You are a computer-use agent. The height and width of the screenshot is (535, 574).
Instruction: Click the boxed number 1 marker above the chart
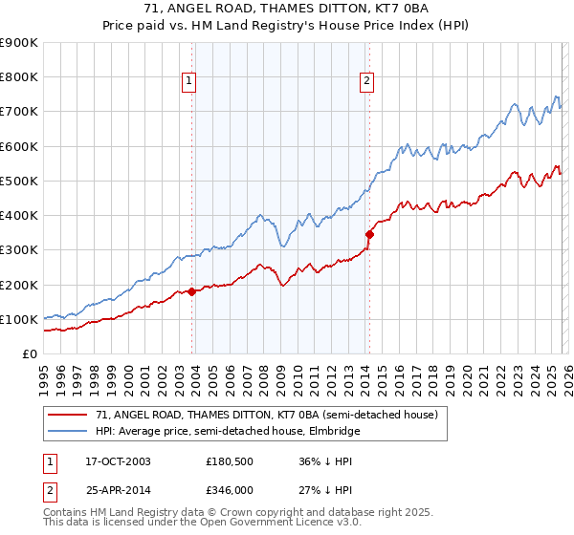[x=190, y=81]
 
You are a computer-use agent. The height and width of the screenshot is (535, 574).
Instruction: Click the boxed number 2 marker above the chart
[x=367, y=81]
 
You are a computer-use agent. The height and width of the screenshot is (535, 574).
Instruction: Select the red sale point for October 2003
[x=192, y=291]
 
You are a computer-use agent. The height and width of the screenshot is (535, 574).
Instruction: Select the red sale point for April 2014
[x=369, y=234]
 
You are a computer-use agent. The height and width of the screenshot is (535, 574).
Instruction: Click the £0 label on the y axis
[x=29, y=354]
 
